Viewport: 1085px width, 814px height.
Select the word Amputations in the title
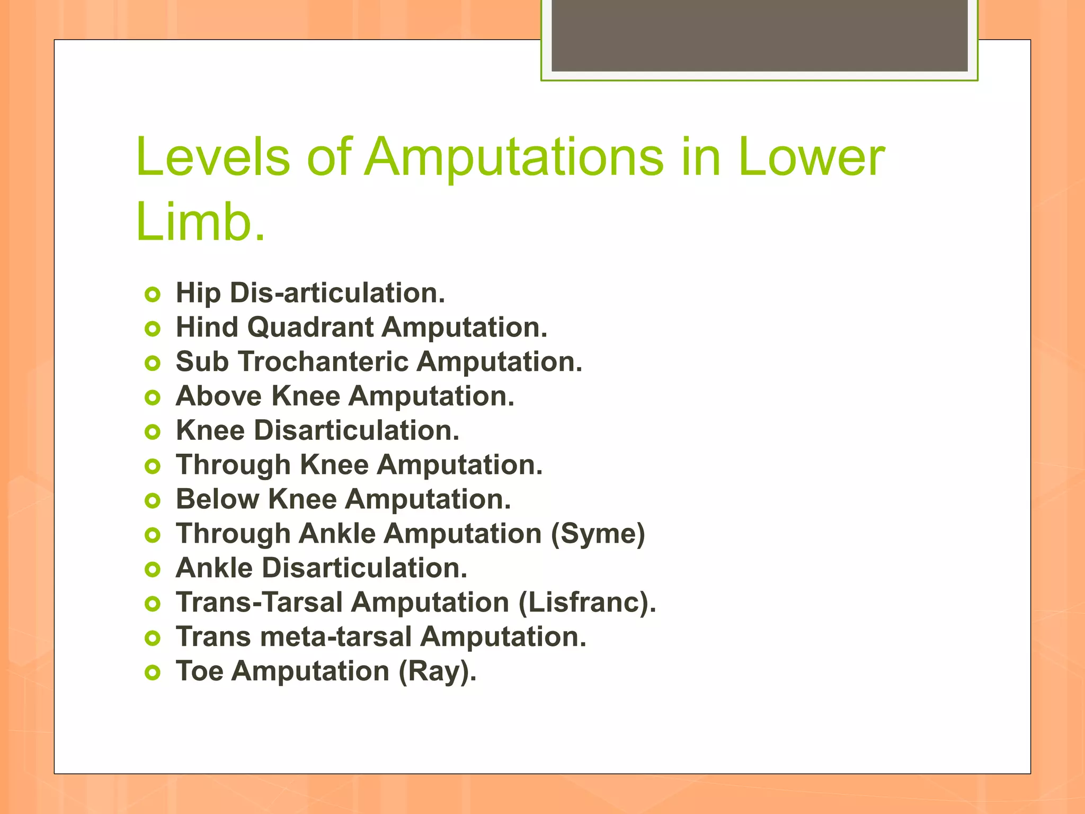(x=513, y=157)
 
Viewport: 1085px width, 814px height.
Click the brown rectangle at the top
(x=759, y=36)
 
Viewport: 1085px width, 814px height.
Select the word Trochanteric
(x=323, y=362)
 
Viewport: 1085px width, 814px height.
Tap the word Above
(x=219, y=396)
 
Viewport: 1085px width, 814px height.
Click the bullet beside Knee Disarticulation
(x=153, y=432)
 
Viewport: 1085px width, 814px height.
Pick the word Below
(x=217, y=499)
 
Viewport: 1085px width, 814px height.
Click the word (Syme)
(x=598, y=534)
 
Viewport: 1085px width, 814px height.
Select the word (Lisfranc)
(x=587, y=603)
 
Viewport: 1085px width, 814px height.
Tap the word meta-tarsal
(x=336, y=637)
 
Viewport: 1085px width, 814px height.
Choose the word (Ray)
(x=437, y=671)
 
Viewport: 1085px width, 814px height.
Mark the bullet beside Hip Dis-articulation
(x=153, y=295)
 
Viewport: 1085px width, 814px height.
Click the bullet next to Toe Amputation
(x=153, y=673)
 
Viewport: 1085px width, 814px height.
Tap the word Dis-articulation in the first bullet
(x=337, y=293)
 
